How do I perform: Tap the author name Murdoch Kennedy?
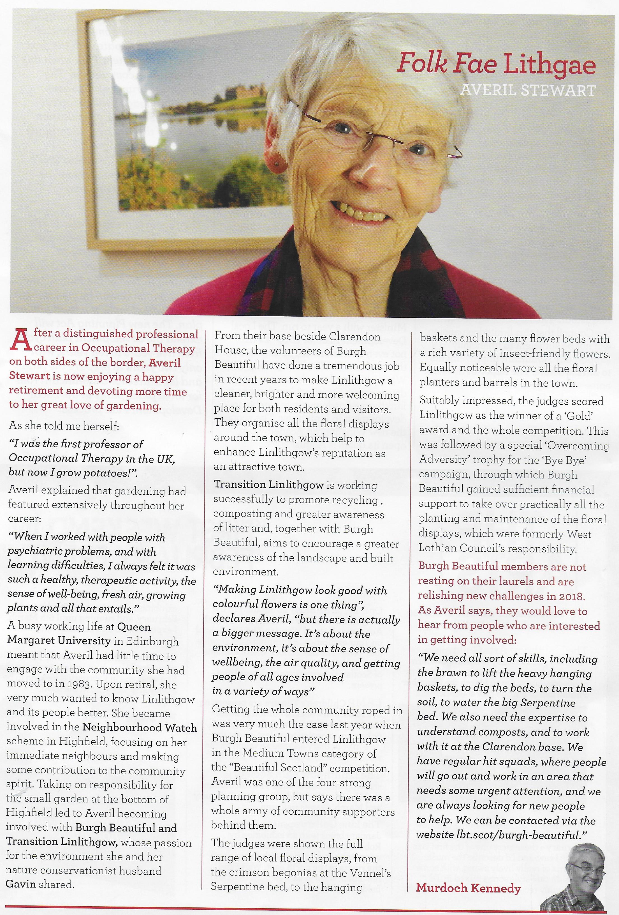(468, 888)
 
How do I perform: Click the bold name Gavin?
(21, 884)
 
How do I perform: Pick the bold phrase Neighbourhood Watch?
(140, 728)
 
